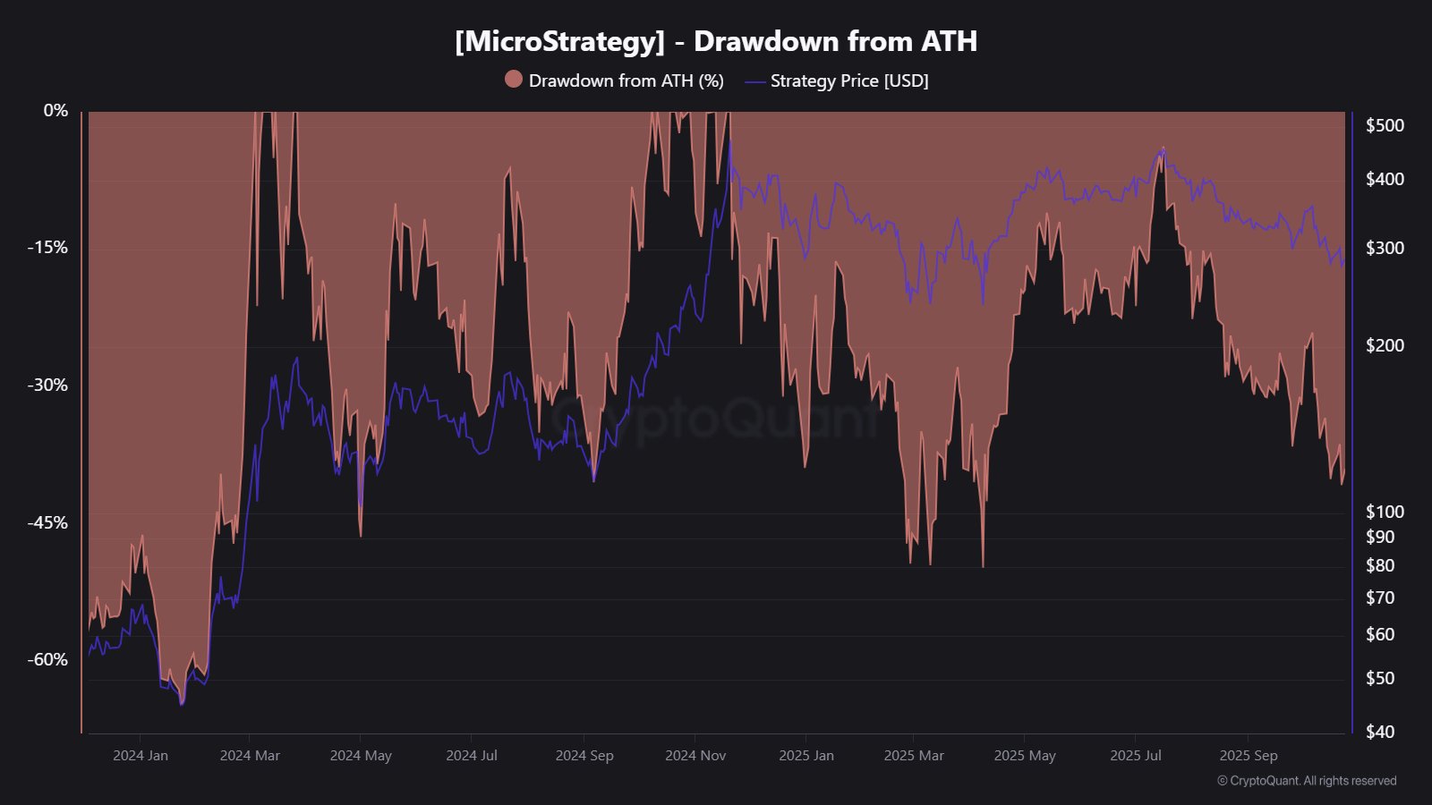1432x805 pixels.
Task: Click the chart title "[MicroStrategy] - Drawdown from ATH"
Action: pyautogui.click(x=715, y=41)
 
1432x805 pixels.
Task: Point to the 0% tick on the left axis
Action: pyautogui.click(x=55, y=110)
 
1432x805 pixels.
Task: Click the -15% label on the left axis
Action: pyautogui.click(x=47, y=247)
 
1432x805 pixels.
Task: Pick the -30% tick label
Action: pyautogui.click(x=47, y=385)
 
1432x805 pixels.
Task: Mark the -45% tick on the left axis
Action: pyautogui.click(x=47, y=522)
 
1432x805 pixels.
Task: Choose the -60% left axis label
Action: pyautogui.click(x=47, y=659)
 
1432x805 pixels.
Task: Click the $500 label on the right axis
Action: pyautogui.click(x=1385, y=125)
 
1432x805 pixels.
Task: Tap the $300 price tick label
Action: pyautogui.click(x=1385, y=248)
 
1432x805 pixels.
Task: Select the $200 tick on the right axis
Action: pyautogui.click(x=1385, y=345)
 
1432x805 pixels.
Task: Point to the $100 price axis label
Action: pyautogui.click(x=1385, y=512)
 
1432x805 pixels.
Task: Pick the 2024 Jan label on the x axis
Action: pyautogui.click(x=141, y=756)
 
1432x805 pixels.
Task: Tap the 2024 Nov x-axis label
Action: pyautogui.click(x=695, y=756)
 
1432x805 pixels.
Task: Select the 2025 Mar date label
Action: pyautogui.click(x=914, y=756)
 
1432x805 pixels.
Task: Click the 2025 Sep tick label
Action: pyautogui.click(x=1249, y=756)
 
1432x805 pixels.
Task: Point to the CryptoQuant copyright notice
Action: pyautogui.click(x=1307, y=781)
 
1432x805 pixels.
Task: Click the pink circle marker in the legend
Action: pyautogui.click(x=514, y=80)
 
